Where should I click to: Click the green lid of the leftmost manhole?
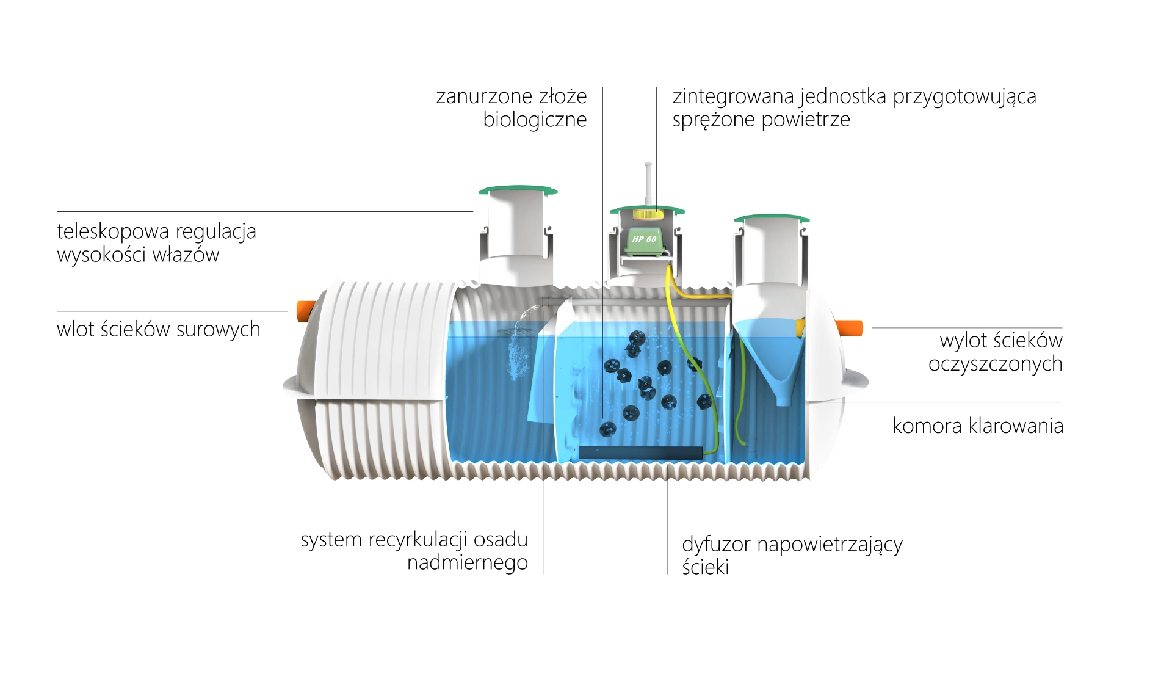518,191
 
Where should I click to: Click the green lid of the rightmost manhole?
772,218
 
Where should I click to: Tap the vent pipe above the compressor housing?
648,184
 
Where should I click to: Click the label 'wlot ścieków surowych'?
159,329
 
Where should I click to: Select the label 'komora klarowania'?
978,426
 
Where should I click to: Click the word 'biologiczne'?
535,120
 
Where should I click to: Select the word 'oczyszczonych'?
996,365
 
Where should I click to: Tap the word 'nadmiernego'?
468,563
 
